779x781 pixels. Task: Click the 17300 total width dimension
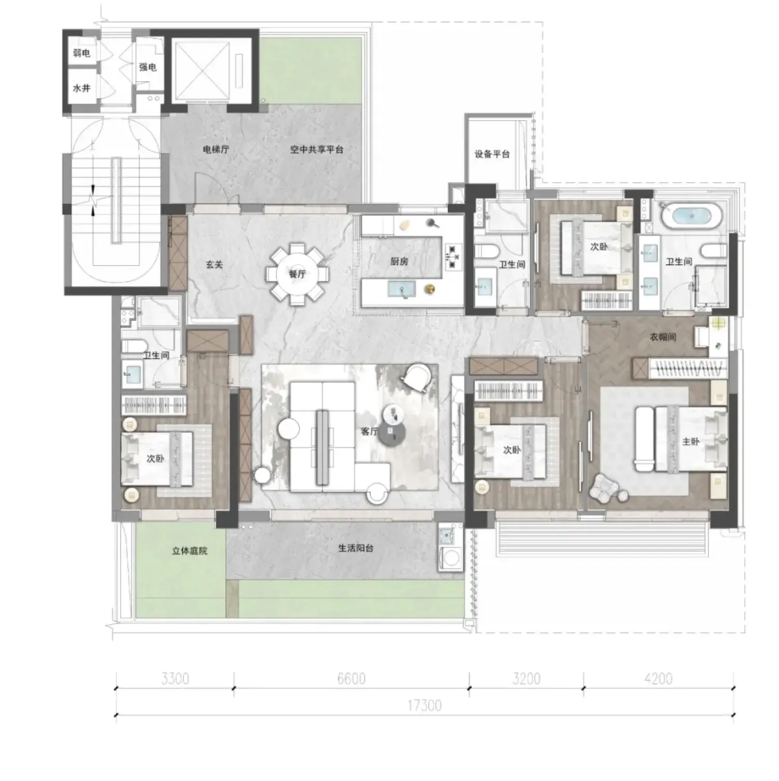[x=424, y=705]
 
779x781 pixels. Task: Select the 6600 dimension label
[x=352, y=678]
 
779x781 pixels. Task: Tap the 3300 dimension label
[x=175, y=678]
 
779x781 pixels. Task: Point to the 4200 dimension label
[x=659, y=678]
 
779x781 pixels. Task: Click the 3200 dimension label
[x=526, y=678]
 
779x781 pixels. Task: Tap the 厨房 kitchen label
[x=399, y=261]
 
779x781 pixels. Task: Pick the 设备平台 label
[x=492, y=154]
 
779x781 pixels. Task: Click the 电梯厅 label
[x=216, y=150]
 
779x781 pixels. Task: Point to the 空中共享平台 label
[x=317, y=150]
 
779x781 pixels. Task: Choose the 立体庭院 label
[x=190, y=550]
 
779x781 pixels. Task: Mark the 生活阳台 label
[x=356, y=548]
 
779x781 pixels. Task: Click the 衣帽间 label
[x=663, y=337]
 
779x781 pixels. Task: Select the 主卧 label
[x=691, y=441]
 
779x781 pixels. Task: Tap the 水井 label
[x=82, y=88]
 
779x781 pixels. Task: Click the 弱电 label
[x=82, y=52]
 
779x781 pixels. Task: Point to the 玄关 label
[x=214, y=265]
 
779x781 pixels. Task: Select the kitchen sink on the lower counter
[x=401, y=289]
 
